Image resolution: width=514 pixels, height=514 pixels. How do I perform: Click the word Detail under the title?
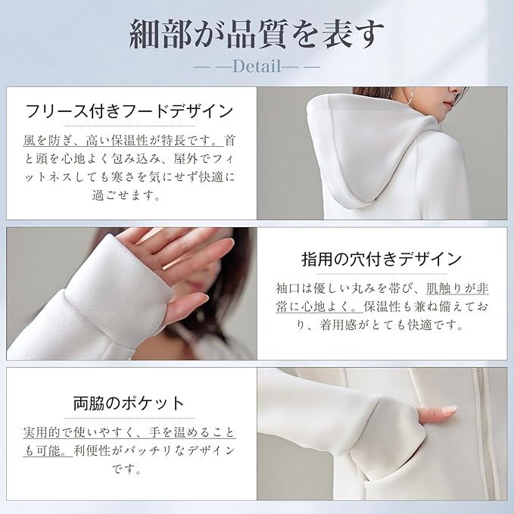click(x=257, y=66)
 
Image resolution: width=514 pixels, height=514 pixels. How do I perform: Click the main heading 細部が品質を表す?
click(x=257, y=34)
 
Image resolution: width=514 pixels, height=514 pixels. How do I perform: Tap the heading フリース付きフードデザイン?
click(x=129, y=111)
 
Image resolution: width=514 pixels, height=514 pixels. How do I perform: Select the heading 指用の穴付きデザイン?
click(x=382, y=260)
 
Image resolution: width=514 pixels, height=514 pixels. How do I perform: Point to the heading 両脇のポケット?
click(x=129, y=403)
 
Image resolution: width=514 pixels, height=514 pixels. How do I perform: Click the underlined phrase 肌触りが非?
click(x=458, y=288)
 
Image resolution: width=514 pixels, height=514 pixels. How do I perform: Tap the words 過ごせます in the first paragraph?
click(x=126, y=196)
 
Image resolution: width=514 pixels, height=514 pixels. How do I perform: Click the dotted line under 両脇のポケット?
click(x=129, y=418)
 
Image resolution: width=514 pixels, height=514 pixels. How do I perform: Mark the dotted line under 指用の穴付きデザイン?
click(x=382, y=274)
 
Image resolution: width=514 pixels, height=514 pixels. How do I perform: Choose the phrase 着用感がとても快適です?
click(x=391, y=326)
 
